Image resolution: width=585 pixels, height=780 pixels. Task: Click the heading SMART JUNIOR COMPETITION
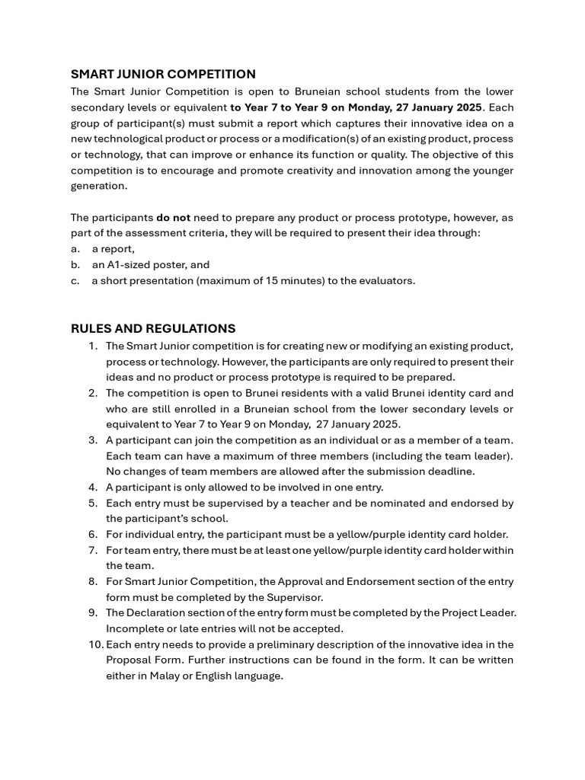tap(163, 74)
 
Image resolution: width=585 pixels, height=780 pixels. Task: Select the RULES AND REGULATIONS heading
tap(153, 328)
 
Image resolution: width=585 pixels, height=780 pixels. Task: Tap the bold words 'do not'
tap(173, 217)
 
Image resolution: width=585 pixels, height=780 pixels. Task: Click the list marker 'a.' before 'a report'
tap(75, 249)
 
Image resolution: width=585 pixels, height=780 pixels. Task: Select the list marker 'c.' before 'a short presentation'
tap(75, 281)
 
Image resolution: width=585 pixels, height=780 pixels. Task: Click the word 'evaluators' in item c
tap(387, 281)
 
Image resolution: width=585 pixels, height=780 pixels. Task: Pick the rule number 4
tap(93, 487)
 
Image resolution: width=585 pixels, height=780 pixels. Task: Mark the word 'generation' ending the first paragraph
tap(99, 186)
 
